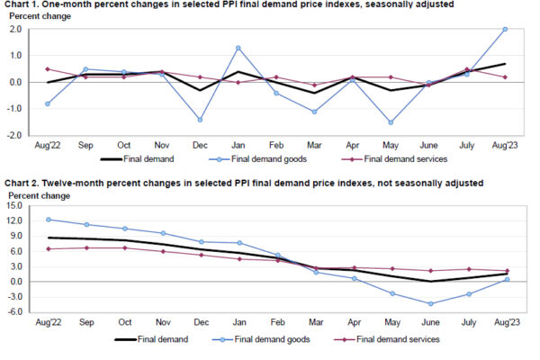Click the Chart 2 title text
[x=243, y=184]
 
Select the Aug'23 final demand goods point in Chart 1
[x=505, y=29]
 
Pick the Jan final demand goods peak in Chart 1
[x=238, y=48]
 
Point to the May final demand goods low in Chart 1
[x=391, y=122]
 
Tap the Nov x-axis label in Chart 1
[x=160, y=144]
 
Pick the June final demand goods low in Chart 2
[x=429, y=303]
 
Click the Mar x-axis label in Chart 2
[x=313, y=321]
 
